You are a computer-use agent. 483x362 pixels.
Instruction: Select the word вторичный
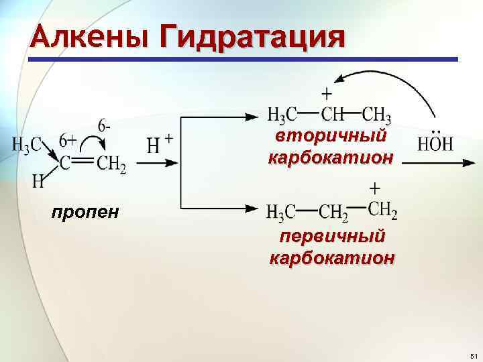pos(331,137)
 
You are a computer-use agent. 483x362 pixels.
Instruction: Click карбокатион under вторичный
pos(331,159)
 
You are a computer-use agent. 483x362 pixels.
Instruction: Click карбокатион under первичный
pos(332,258)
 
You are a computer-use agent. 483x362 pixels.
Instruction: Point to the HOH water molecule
pos(435,143)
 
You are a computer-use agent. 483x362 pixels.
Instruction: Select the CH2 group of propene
pos(111,163)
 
